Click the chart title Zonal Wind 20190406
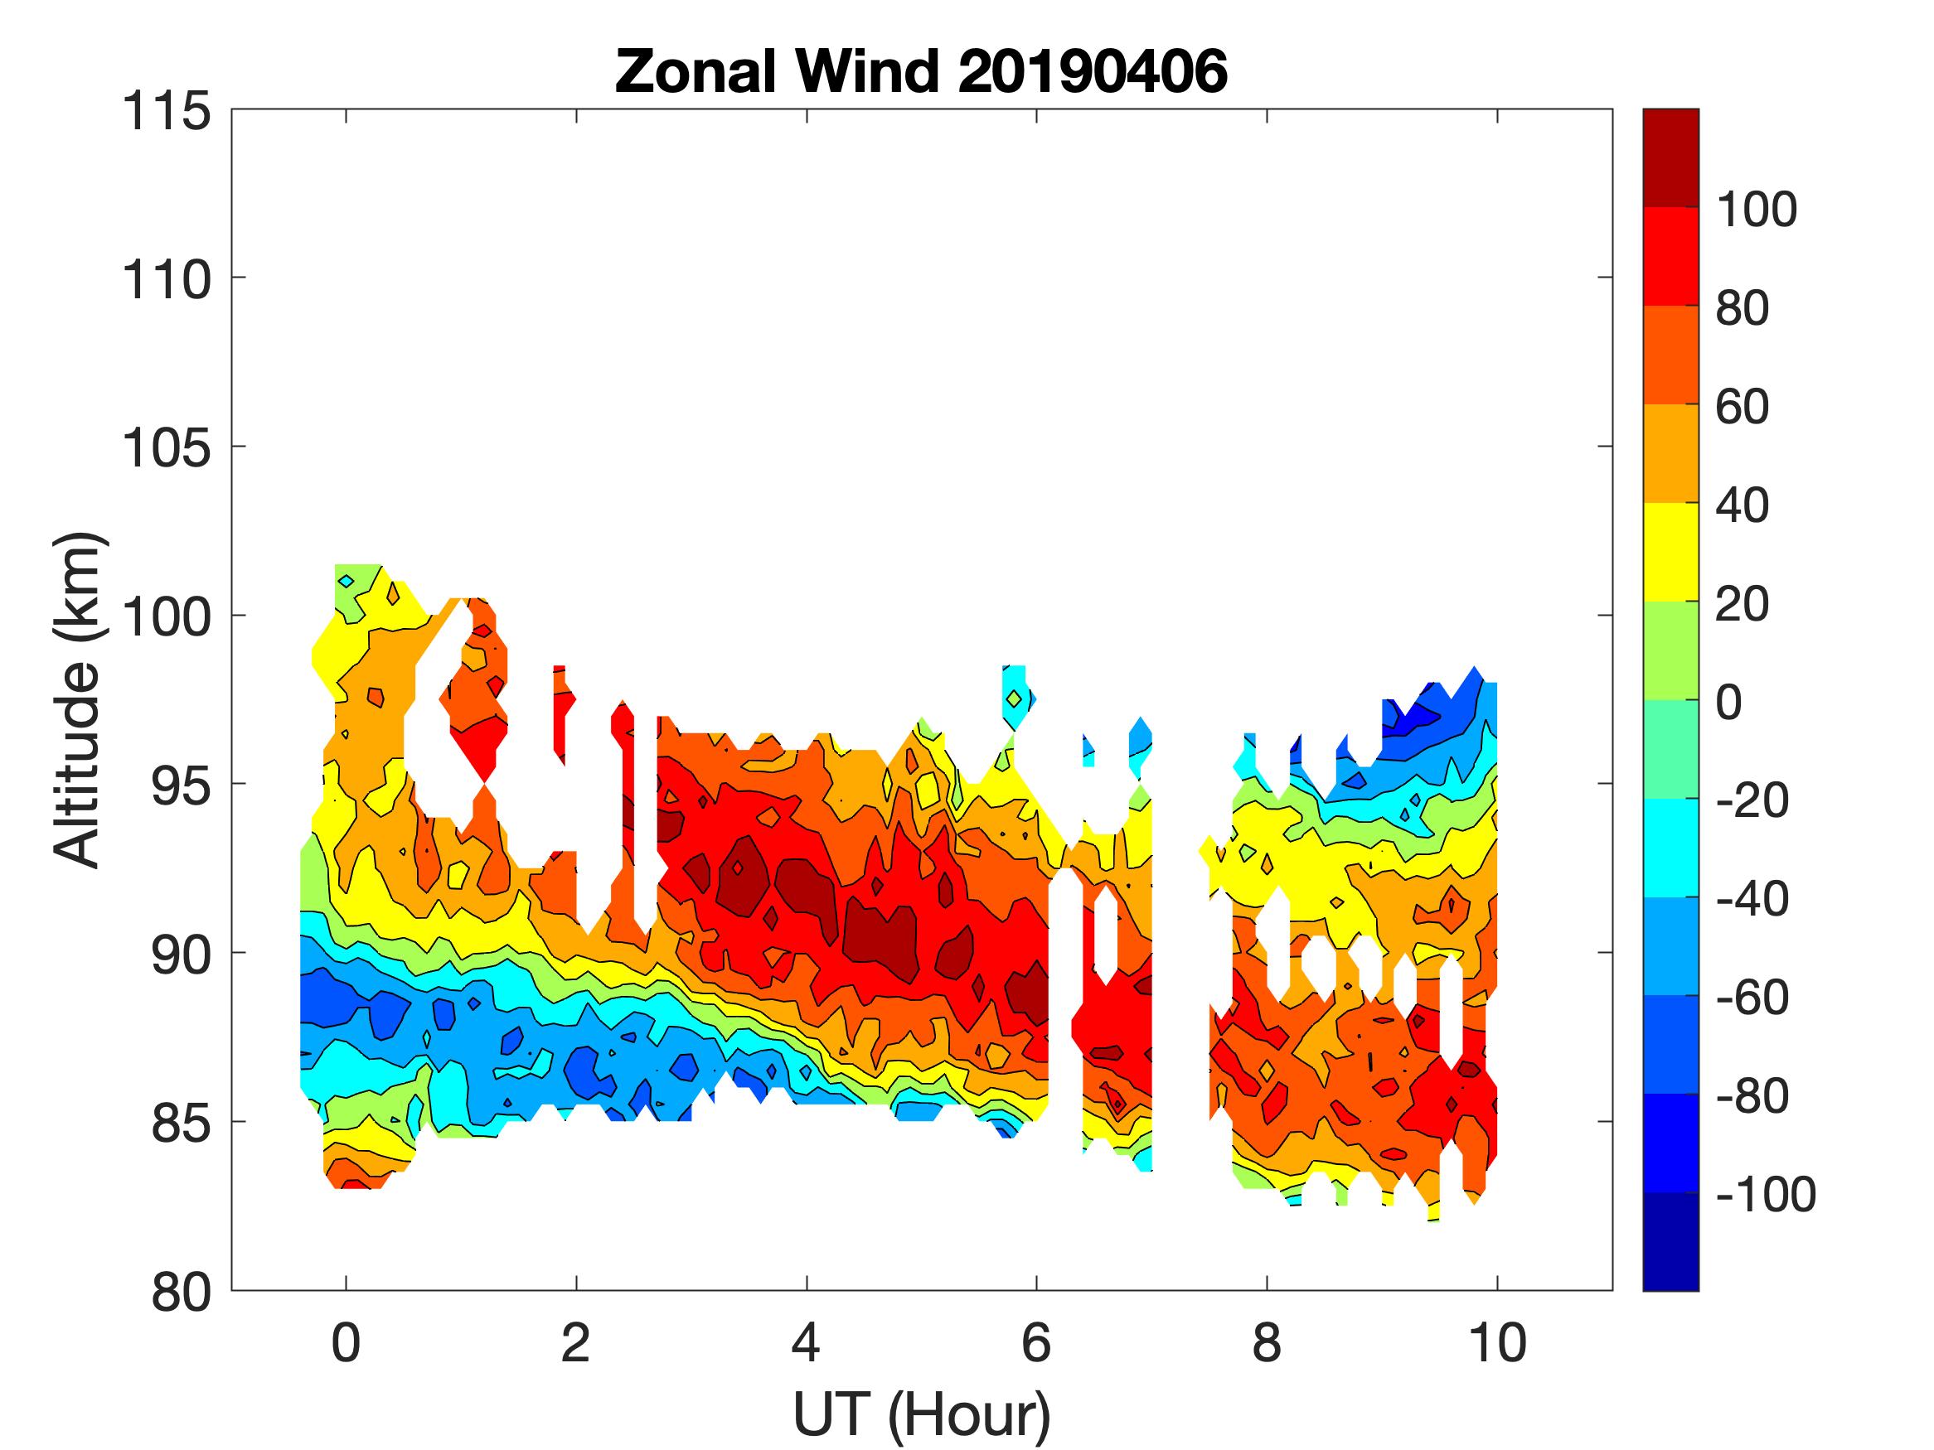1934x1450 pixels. tap(921, 71)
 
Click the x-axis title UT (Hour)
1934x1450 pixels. tap(921, 1414)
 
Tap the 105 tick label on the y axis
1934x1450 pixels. tap(166, 449)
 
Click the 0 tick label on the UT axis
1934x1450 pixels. tap(347, 1342)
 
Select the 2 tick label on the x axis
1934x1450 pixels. tap(575, 1342)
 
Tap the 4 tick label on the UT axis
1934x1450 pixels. tap(805, 1342)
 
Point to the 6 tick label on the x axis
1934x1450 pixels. tap(1036, 1342)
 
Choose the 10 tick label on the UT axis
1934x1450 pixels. tap(1497, 1342)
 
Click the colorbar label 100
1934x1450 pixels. tap(1756, 210)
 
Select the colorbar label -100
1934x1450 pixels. tap(1765, 1194)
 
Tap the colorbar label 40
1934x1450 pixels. tap(1742, 505)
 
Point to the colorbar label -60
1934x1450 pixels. tap(1752, 998)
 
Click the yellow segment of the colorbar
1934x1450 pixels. tap(1670, 553)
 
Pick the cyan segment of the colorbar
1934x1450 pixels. tap(1670, 848)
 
